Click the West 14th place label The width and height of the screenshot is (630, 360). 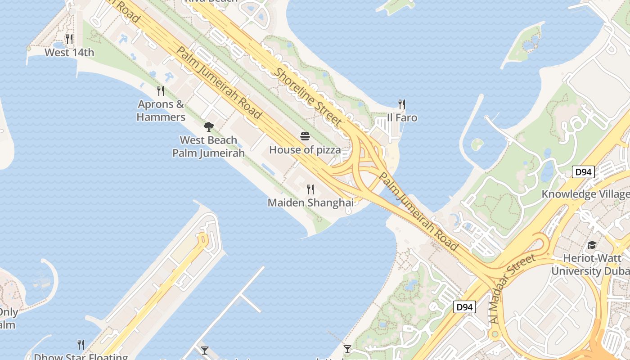point(69,53)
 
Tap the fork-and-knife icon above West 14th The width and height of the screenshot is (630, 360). point(69,39)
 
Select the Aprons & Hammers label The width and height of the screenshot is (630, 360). point(161,111)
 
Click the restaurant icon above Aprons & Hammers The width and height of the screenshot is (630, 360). point(161,91)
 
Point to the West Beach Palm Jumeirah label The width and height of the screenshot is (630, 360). point(208,147)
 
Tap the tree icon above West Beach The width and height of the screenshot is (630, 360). point(208,126)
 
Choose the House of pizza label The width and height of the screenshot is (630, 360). point(305,150)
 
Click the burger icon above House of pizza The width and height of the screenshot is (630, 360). point(305,136)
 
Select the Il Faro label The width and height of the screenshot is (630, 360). point(402,118)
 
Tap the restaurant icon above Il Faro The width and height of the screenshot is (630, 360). point(402,104)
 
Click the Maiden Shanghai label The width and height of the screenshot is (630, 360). point(310,203)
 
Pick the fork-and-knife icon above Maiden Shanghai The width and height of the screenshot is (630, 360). point(310,189)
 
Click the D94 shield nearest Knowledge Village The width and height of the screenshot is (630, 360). point(583,172)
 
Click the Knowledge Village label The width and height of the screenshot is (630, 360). point(585,194)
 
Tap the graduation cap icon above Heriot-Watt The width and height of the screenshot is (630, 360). point(591,245)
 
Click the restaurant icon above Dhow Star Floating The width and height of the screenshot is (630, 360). point(81,344)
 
